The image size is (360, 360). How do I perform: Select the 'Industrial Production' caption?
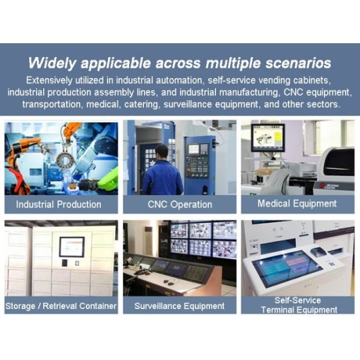tap(59, 204)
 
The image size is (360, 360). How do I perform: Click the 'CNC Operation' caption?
tap(179, 204)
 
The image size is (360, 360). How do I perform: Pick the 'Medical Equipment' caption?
tap(297, 203)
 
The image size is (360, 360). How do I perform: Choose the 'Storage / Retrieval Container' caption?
tap(60, 306)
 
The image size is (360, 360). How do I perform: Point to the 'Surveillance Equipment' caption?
tap(179, 306)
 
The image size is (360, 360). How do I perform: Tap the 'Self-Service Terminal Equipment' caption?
tap(298, 305)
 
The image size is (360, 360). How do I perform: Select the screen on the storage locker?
tap(72, 246)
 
